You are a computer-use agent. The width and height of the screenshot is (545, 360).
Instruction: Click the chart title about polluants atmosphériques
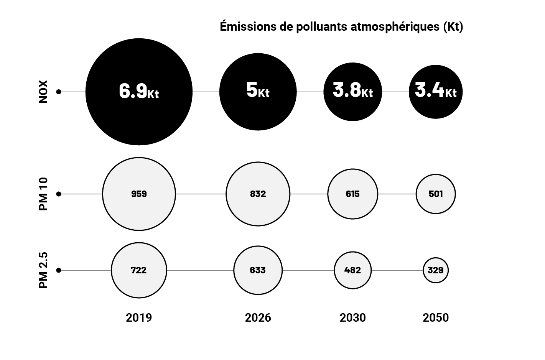(341, 27)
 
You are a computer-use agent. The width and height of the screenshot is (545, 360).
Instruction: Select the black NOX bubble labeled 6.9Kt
(139, 92)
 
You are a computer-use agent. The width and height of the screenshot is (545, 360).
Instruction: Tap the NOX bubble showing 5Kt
(258, 92)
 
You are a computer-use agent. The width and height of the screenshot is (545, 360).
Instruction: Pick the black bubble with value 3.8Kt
(352, 92)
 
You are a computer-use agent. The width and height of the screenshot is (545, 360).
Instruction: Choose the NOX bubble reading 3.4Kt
(436, 92)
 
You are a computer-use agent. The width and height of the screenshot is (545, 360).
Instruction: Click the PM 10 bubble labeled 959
(139, 194)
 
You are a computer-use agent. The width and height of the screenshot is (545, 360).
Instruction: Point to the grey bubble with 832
(258, 194)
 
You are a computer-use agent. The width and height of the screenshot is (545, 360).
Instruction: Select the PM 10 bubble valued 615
(352, 194)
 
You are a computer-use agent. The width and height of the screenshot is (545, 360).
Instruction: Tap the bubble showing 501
(436, 194)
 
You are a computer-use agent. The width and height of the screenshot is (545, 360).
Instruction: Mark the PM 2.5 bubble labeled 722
(139, 270)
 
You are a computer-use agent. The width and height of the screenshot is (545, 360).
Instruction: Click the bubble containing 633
(258, 270)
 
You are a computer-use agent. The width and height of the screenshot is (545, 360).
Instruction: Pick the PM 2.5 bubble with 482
(352, 270)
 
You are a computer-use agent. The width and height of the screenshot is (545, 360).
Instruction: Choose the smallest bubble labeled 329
(436, 270)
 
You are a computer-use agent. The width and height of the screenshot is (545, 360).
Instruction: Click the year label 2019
(139, 318)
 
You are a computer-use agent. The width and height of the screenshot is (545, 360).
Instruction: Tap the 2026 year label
(258, 318)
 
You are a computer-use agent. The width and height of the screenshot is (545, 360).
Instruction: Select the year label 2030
(352, 318)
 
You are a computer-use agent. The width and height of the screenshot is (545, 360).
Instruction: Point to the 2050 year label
(436, 318)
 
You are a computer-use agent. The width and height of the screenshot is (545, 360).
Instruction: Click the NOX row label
(43, 92)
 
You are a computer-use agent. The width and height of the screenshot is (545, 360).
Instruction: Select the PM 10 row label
(43, 194)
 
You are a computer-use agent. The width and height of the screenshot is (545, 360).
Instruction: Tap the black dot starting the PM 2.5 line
(59, 270)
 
